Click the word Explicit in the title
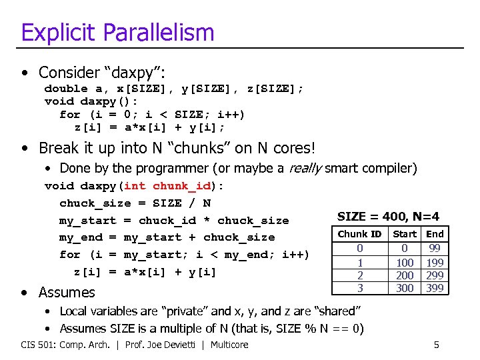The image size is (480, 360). click(x=57, y=32)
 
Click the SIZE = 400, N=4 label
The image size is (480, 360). click(x=388, y=216)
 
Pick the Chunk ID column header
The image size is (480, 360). click(x=359, y=234)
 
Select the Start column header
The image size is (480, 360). click(x=404, y=234)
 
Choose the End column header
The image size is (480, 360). click(x=435, y=234)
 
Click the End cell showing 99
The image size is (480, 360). click(x=435, y=248)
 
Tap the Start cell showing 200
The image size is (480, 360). click(x=404, y=275)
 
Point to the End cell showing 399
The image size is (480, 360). click(x=435, y=288)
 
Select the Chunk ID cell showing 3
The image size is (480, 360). click(x=360, y=288)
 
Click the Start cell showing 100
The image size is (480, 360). click(x=404, y=262)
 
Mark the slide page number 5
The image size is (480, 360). click(x=436, y=345)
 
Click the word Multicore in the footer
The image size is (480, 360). click(x=229, y=345)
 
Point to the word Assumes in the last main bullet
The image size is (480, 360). click(x=67, y=292)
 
